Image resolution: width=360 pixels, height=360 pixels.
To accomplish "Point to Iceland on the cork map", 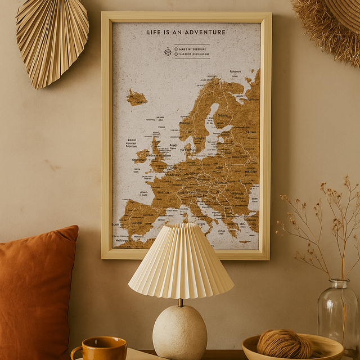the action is point(137,98).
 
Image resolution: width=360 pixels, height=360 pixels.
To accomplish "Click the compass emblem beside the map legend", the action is point(167,52).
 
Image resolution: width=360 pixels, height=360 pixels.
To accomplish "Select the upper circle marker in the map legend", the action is point(176,49).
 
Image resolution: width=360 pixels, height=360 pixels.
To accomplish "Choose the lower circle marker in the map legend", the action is point(176,55).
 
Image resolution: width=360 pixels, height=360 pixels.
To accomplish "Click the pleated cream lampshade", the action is point(181,262).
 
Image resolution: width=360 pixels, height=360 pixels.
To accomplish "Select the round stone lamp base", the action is point(180,332).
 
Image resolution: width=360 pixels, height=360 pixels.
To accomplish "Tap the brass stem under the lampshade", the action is point(181,302).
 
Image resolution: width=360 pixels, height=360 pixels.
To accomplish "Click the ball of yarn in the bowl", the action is point(284,344).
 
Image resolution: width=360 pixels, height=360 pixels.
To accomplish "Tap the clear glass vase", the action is point(337,315).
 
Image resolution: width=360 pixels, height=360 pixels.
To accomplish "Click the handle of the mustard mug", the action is point(76,353).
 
